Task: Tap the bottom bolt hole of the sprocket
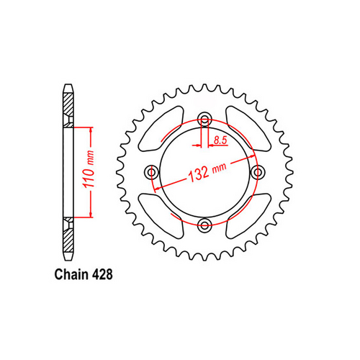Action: pyautogui.click(x=205, y=226)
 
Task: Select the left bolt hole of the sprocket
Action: pyautogui.click(x=152, y=173)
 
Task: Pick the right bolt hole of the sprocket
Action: pyautogui.click(x=258, y=173)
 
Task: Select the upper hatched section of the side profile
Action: pyautogui.click(x=68, y=108)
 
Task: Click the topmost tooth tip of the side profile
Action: pyautogui.click(x=68, y=87)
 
